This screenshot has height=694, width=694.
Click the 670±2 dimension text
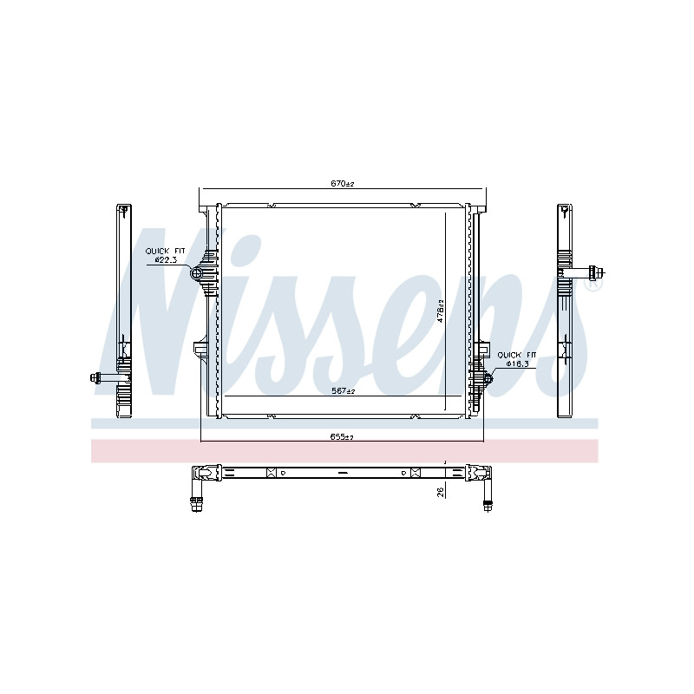click(342, 183)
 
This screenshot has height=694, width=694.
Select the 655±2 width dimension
click(342, 436)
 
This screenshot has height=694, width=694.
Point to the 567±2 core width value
click(344, 391)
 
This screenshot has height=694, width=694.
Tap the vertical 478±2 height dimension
click(440, 311)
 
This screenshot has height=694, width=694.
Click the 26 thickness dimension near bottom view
click(440, 492)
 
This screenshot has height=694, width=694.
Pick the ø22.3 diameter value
click(166, 260)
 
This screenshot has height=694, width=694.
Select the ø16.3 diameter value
click(517, 363)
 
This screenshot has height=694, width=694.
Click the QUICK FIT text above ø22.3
click(165, 251)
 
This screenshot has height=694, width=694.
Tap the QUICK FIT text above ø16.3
click(516, 355)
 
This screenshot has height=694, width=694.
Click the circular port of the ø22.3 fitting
click(196, 274)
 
